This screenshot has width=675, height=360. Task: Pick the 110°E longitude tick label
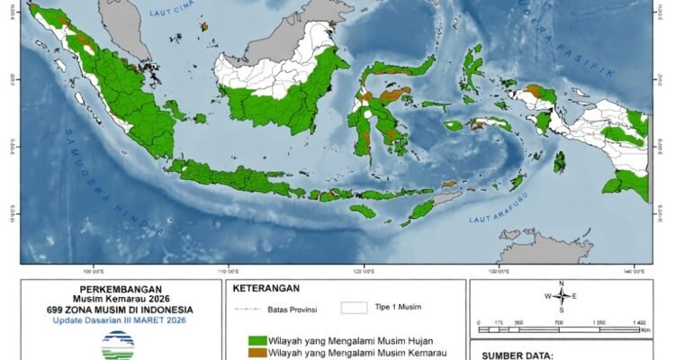pos(229,270)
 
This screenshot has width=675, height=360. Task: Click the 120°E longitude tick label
pos(364,270)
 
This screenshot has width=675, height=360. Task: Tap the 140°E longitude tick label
pos(633,270)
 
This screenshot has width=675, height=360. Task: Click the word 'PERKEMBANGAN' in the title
pos(119,290)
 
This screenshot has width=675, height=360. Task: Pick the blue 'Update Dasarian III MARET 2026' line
pos(119,320)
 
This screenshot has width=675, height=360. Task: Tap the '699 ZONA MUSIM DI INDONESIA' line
pos(119,310)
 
